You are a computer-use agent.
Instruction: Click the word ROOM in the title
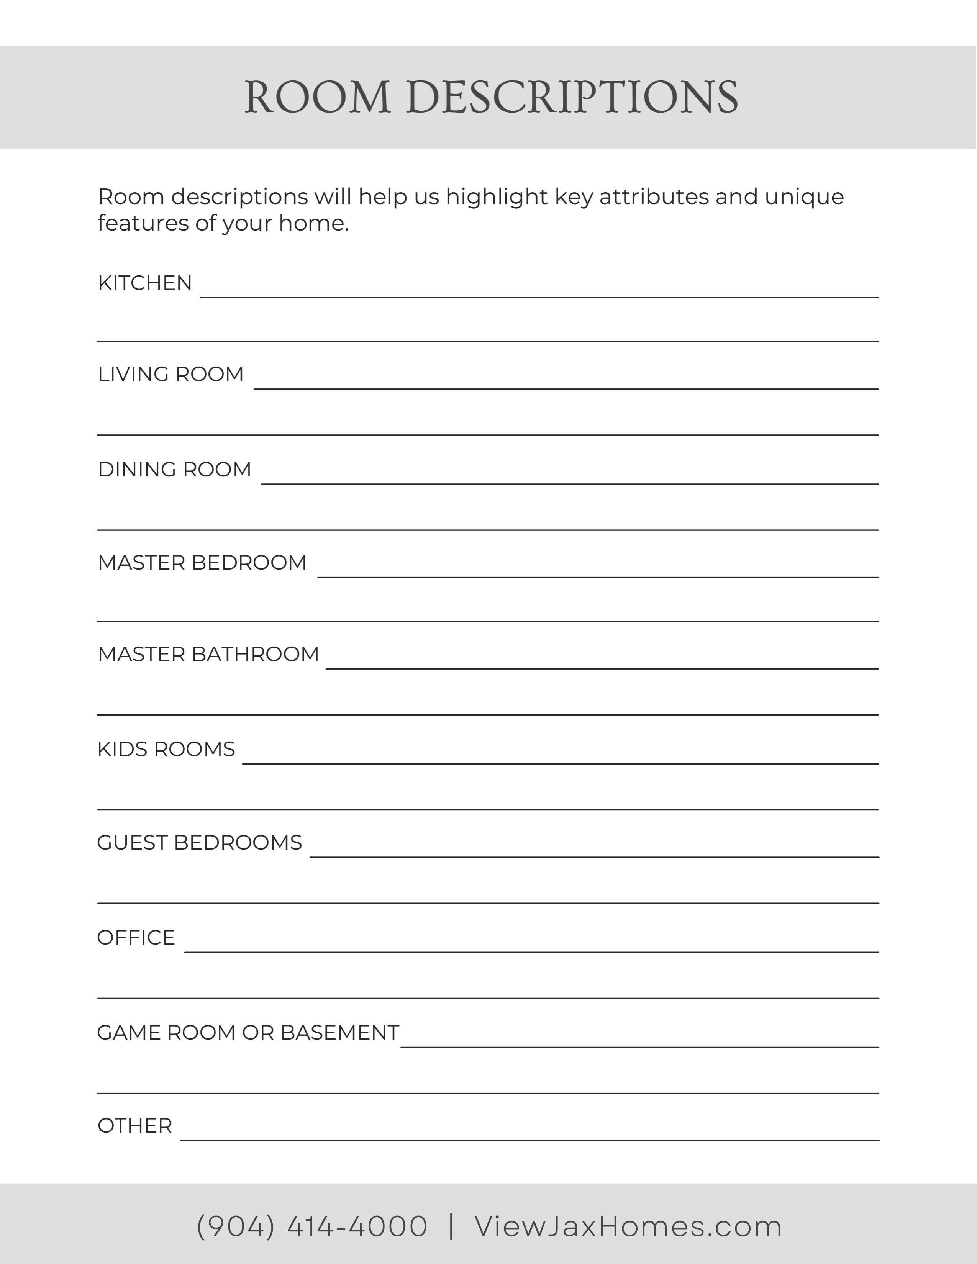pyautogui.click(x=317, y=97)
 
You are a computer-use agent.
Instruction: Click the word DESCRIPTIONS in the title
pyautogui.click(x=572, y=97)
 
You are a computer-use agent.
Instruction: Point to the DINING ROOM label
pyautogui.click(x=174, y=469)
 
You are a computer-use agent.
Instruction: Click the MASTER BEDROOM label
pyautogui.click(x=202, y=563)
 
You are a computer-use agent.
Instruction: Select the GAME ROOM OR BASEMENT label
pyautogui.click(x=248, y=1033)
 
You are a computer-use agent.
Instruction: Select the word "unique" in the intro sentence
pyautogui.click(x=804, y=197)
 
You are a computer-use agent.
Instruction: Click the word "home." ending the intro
pyautogui.click(x=314, y=223)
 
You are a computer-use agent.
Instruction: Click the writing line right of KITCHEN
pyautogui.click(x=539, y=296)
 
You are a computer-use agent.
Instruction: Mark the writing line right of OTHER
pyautogui.click(x=529, y=1140)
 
